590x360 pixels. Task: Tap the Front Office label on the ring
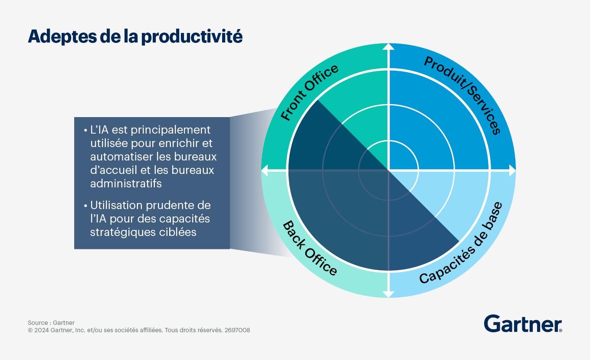(x=309, y=92)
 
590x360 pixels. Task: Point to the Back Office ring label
(x=310, y=249)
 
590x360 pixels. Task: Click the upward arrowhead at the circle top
(x=388, y=46)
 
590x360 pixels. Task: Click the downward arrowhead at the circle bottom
(x=388, y=295)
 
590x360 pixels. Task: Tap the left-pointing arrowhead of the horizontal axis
(x=264, y=171)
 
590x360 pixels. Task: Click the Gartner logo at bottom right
(x=523, y=324)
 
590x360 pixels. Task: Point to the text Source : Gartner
(x=51, y=323)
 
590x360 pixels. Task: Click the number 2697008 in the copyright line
(x=237, y=330)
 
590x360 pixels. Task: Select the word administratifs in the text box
(x=126, y=183)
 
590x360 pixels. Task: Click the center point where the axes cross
(x=388, y=170)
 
